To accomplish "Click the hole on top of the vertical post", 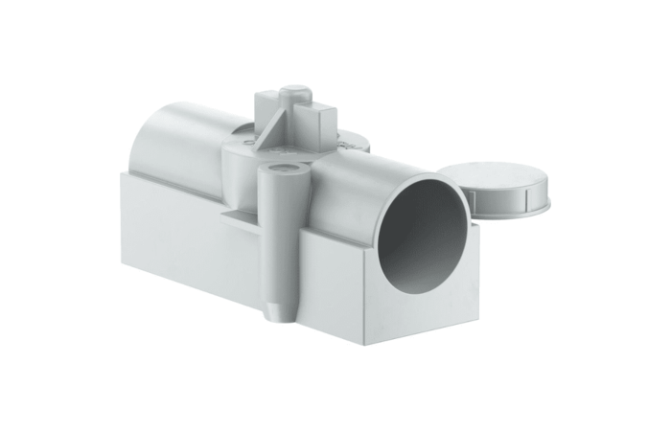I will tap(283, 170).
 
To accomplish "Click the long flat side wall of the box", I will tap(192, 239).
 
